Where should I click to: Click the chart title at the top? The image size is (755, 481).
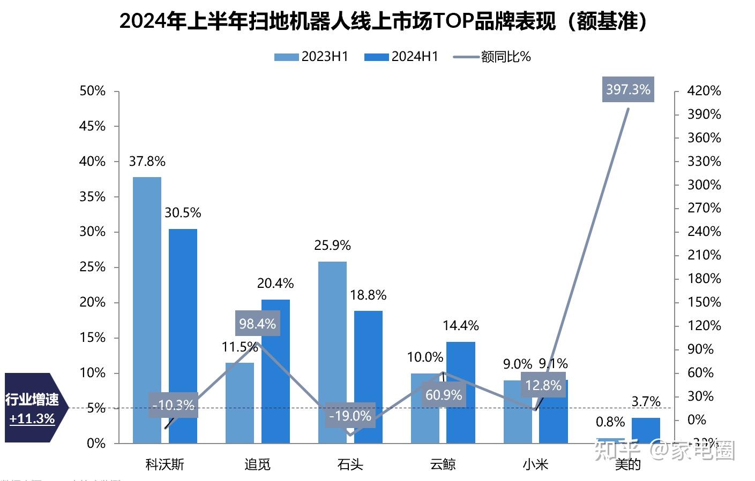point(383,21)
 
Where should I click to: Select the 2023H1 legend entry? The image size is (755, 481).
point(311,57)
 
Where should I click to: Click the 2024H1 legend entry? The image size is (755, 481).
point(401,57)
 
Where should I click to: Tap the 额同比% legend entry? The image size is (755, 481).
point(492,57)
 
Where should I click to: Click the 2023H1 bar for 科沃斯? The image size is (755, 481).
point(147,310)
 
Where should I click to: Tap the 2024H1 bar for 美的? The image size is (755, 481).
point(646,431)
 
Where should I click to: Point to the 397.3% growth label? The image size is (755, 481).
point(628,89)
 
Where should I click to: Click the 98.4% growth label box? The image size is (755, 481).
point(257,324)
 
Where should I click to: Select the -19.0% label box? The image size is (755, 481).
point(350,416)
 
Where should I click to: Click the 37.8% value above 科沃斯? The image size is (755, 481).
point(147,162)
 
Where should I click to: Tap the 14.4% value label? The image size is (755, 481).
point(461,325)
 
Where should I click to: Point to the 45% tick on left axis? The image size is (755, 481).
point(93,126)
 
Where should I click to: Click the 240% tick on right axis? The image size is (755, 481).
point(704,232)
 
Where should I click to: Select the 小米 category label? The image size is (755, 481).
point(535,464)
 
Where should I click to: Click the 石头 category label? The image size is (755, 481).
point(350,464)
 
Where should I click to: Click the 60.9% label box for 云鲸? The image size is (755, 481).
point(443,395)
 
